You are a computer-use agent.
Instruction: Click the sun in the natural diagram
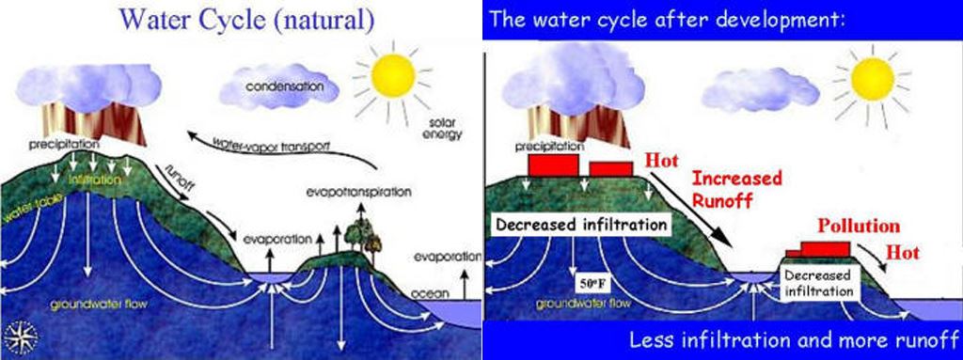[393, 78]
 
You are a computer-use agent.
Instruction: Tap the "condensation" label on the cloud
[277, 87]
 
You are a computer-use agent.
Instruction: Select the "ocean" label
[430, 293]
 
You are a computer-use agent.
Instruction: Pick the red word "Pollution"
[859, 227]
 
